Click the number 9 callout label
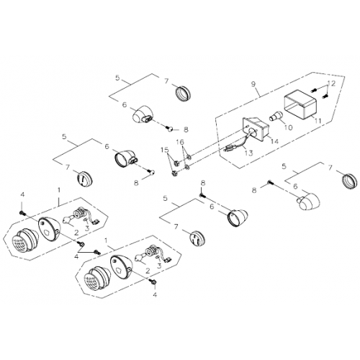[253, 84]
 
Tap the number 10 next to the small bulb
[288, 127]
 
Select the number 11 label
[318, 121]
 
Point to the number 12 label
[331, 84]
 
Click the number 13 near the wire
[249, 153]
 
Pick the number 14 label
[274, 141]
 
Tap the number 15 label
[165, 150]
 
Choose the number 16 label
[181, 142]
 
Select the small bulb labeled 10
[276, 116]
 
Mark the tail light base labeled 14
[256, 128]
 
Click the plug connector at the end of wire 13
[229, 150]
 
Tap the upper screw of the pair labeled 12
[314, 91]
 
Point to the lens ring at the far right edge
[351, 181]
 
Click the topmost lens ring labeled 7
[184, 92]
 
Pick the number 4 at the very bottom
[155, 294]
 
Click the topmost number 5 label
[117, 78]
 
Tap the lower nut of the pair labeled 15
[174, 172]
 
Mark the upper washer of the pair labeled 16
[189, 157]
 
